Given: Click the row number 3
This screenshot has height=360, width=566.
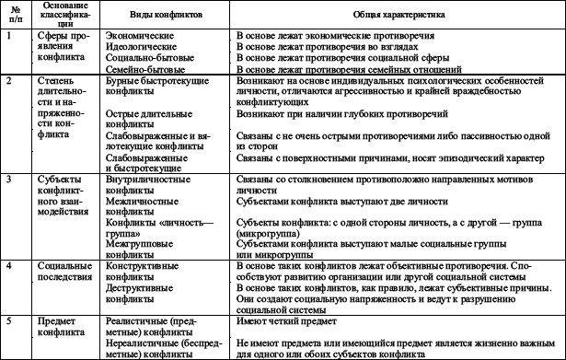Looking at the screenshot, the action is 8,177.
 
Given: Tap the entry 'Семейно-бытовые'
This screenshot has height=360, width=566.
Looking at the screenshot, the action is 142,67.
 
